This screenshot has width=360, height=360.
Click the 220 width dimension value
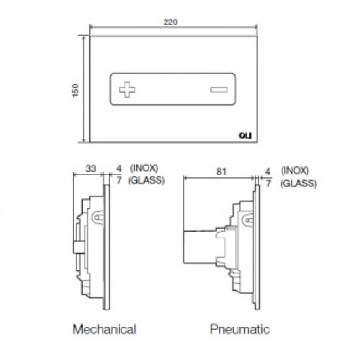click(x=171, y=22)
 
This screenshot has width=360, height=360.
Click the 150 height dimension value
click(x=76, y=90)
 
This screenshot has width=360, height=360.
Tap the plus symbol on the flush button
click(x=127, y=89)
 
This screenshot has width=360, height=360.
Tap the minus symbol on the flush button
click(x=219, y=89)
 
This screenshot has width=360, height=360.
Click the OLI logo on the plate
click(x=246, y=136)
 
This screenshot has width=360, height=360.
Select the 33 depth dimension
click(x=91, y=168)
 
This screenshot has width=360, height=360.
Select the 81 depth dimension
click(x=221, y=171)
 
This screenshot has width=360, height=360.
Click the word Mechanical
click(x=104, y=329)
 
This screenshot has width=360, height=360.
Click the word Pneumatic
click(x=240, y=329)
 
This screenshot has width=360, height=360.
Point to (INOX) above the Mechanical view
click(x=144, y=168)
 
